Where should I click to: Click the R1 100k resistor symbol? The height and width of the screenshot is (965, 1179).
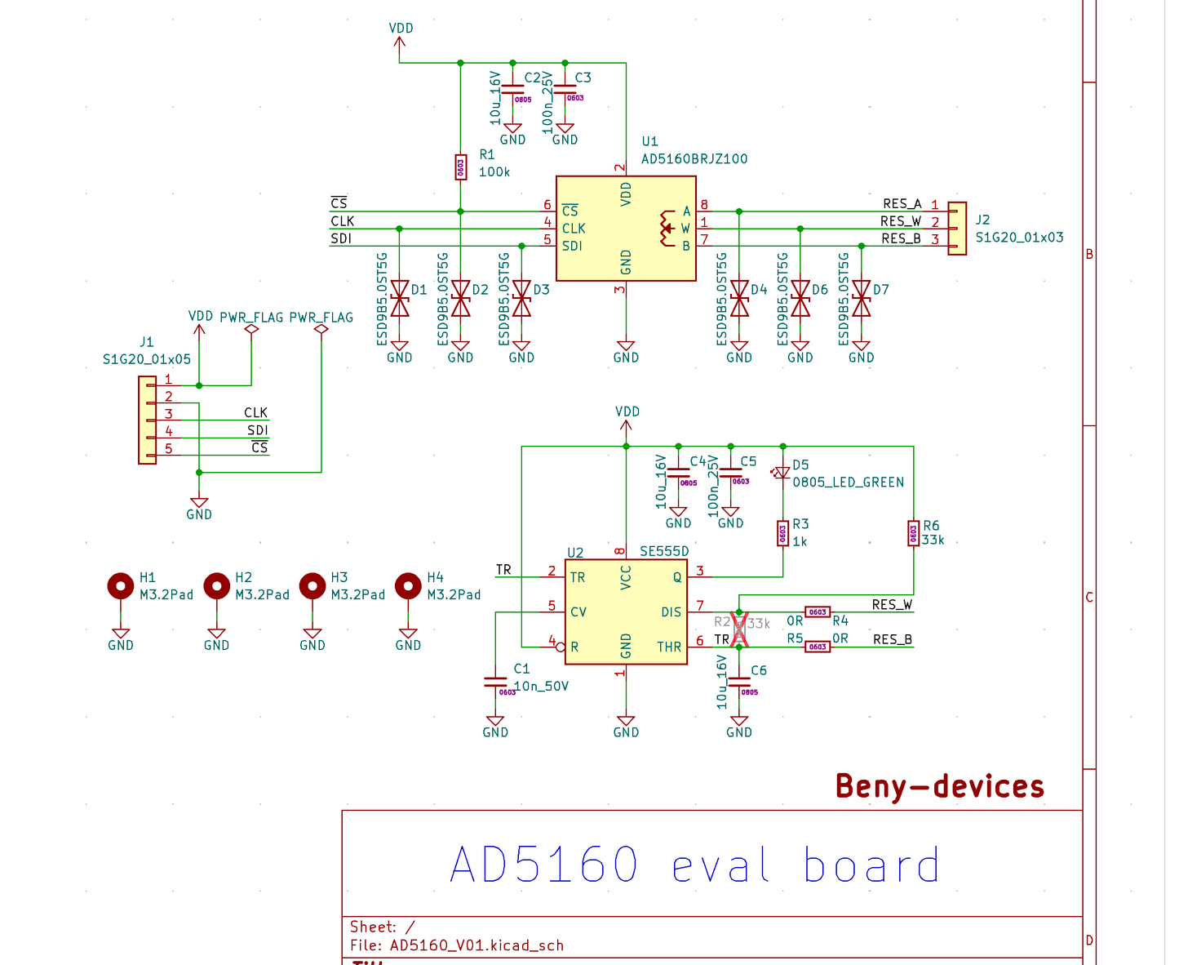click(460, 167)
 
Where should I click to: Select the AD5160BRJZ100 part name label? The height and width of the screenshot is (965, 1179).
click(694, 159)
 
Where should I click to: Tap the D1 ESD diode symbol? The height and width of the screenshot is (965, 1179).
click(399, 299)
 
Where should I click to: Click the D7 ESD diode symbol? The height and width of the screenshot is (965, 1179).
click(861, 299)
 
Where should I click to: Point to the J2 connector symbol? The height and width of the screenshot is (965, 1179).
click(956, 229)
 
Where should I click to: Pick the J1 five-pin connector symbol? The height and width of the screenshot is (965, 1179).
click(148, 420)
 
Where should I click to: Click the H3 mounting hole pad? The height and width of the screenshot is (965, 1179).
click(312, 586)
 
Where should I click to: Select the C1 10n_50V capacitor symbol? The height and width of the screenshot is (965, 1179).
click(495, 681)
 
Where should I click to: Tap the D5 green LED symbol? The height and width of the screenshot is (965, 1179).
click(782, 473)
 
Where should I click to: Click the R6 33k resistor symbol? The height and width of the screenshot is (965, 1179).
click(913, 534)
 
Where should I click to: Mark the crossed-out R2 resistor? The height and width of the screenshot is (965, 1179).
click(739, 629)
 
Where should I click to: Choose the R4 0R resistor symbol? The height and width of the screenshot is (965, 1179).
click(818, 611)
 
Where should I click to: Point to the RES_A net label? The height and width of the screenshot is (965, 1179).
click(902, 204)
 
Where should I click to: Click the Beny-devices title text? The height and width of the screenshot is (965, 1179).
click(940, 786)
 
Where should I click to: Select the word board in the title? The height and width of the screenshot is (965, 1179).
click(871, 865)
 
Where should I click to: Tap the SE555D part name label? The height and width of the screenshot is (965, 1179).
click(664, 551)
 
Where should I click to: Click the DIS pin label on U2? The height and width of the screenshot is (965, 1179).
click(671, 612)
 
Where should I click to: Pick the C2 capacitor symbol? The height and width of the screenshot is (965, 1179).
click(512, 90)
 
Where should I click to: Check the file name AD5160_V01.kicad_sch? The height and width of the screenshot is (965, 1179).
click(476, 945)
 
